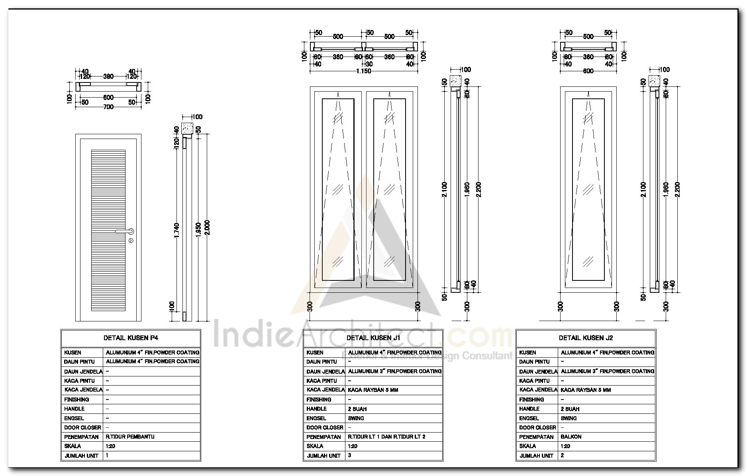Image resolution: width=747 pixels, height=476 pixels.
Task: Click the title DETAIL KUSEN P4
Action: (x=131, y=338)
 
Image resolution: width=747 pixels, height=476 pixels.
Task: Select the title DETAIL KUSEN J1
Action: (x=373, y=338)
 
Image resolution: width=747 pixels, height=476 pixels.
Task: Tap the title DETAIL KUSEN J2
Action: (x=586, y=338)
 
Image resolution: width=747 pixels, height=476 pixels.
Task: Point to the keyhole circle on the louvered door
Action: (x=131, y=241)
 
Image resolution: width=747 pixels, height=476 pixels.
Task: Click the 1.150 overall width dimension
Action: (x=363, y=71)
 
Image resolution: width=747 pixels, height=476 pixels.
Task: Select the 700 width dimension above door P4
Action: (x=108, y=107)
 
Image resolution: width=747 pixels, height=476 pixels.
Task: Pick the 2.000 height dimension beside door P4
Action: (x=207, y=228)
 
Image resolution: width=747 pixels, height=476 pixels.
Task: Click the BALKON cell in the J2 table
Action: (x=571, y=437)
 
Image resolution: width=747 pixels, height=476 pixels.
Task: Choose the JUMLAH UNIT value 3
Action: (x=350, y=455)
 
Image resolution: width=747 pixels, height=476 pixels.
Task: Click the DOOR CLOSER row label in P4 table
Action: (x=82, y=427)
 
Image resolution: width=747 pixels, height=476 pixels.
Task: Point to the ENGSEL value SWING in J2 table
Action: (x=569, y=418)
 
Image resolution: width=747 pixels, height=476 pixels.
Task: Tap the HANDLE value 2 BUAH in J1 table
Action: (x=357, y=409)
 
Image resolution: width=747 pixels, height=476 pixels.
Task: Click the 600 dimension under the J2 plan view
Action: (x=588, y=71)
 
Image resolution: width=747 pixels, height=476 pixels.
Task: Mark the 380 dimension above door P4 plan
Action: (x=108, y=76)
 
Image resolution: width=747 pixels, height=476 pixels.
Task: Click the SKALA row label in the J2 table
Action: (x=527, y=446)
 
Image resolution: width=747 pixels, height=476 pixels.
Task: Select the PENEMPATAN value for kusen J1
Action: (x=386, y=437)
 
